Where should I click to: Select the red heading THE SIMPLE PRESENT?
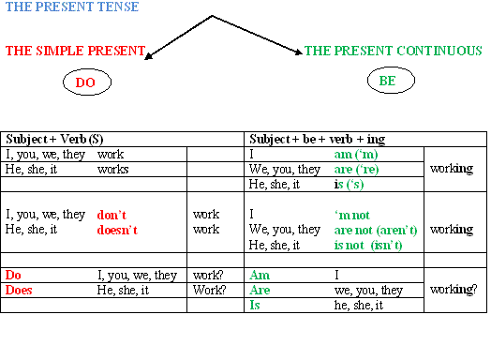click(x=76, y=51)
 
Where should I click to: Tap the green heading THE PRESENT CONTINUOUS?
click(x=394, y=51)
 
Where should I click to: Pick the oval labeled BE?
click(x=388, y=82)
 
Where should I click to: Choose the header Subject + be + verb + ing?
click(x=318, y=139)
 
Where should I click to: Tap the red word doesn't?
click(x=118, y=229)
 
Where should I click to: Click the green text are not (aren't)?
click(x=376, y=230)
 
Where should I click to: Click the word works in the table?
click(x=113, y=169)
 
